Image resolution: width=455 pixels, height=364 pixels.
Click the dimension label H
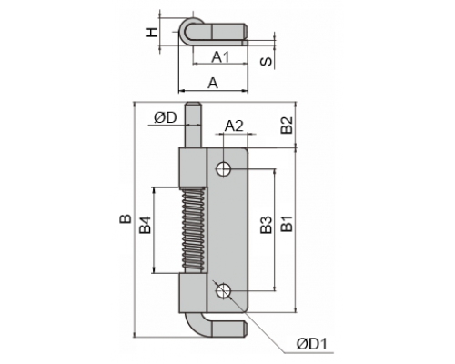click(151, 32)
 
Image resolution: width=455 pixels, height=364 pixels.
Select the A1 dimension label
click(221, 56)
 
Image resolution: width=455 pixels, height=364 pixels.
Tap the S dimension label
click(267, 62)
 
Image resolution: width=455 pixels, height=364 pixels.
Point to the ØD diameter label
click(166, 117)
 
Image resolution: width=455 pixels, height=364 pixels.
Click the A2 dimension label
click(234, 126)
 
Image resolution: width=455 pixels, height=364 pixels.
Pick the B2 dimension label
click(287, 125)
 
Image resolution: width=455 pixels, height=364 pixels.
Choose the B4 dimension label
click(146, 225)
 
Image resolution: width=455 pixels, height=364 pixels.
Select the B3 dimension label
click(267, 225)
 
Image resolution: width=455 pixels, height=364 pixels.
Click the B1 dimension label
click(287, 224)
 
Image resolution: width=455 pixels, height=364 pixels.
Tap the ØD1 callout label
click(312, 344)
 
